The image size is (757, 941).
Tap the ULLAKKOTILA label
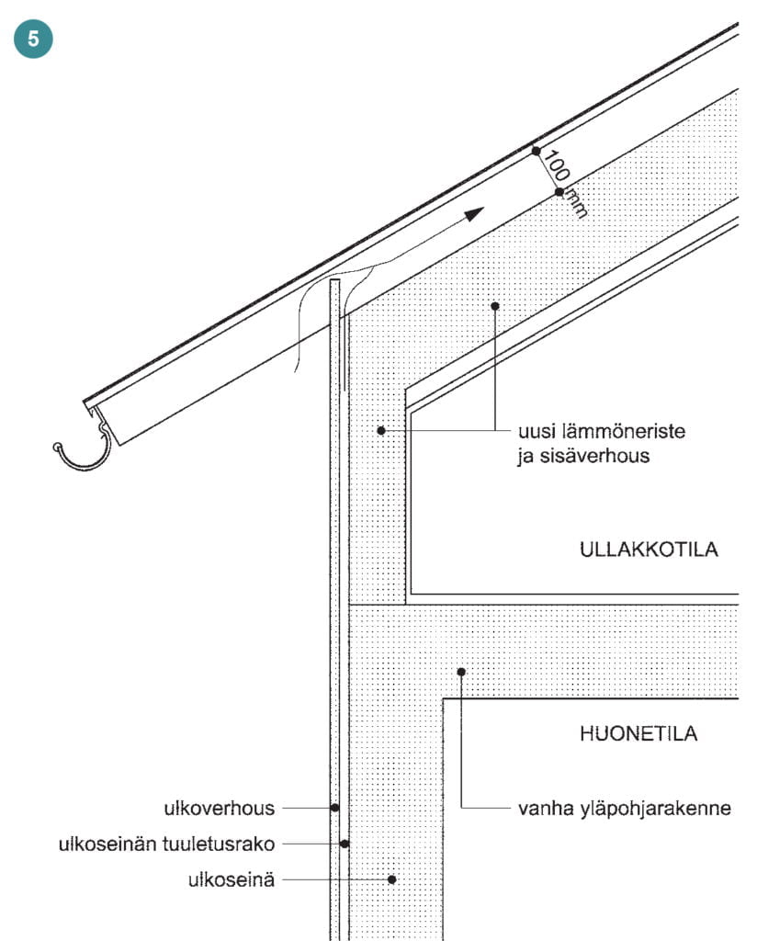click(648, 550)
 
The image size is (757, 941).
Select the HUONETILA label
click(638, 733)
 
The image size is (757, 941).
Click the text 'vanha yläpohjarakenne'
click(625, 810)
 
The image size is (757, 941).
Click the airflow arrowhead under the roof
click(473, 214)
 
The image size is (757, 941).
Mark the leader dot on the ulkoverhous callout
click(335, 808)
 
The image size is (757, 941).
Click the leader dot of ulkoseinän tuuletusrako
click(345, 843)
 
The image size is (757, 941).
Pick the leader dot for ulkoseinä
click(391, 879)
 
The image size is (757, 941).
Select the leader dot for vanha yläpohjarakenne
click(461, 672)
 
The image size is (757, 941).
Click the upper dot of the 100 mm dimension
click(537, 151)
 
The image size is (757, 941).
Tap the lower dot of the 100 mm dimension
click(559, 192)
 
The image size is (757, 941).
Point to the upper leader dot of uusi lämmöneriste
click(494, 305)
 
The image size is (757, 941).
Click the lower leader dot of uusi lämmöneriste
click(380, 430)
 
